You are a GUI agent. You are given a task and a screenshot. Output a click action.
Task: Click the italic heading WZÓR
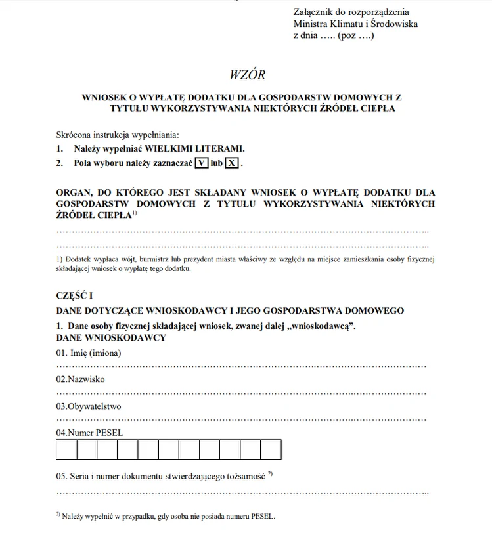coord(248,75)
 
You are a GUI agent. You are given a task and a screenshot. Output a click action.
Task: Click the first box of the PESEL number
coord(66,449)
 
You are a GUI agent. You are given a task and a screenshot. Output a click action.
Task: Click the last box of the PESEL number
coord(271,449)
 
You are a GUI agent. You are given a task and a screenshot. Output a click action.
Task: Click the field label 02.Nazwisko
coord(80,379)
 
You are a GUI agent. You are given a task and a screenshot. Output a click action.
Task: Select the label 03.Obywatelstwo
coord(89,406)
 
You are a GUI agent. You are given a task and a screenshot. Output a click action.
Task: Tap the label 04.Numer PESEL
coord(89,433)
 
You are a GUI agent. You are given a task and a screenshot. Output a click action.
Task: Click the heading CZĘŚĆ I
coord(74,296)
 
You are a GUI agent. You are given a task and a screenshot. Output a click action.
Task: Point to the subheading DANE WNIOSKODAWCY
coord(111,337)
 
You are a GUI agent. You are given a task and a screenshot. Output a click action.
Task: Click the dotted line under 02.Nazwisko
coord(241,393)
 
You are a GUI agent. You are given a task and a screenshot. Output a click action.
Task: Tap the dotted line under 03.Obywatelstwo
coord(241,419)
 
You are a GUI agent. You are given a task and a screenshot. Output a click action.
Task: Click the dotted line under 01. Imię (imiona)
coord(241,366)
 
